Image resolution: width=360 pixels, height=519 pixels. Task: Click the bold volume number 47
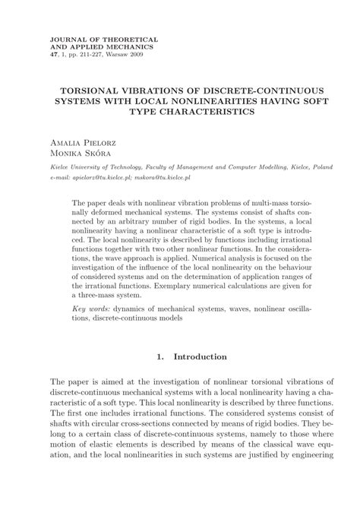52,55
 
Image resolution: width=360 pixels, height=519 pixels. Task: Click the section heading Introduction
201,356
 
